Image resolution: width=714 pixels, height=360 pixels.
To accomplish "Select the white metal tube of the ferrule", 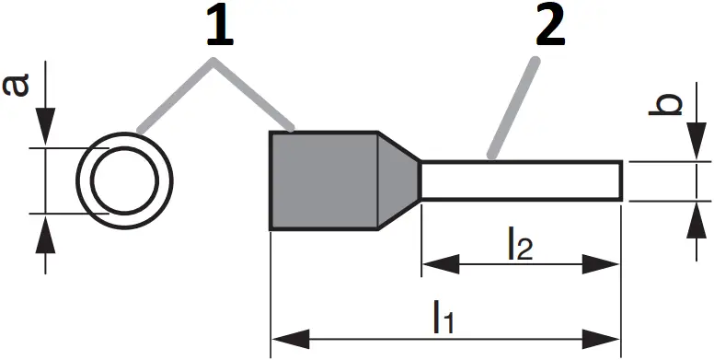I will tap(521, 181).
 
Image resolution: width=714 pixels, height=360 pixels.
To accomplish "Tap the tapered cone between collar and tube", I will tap(398, 180).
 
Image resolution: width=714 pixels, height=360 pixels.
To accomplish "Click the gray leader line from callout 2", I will tap(513, 107).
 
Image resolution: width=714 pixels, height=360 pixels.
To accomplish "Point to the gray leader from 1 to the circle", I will tap(175, 96).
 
